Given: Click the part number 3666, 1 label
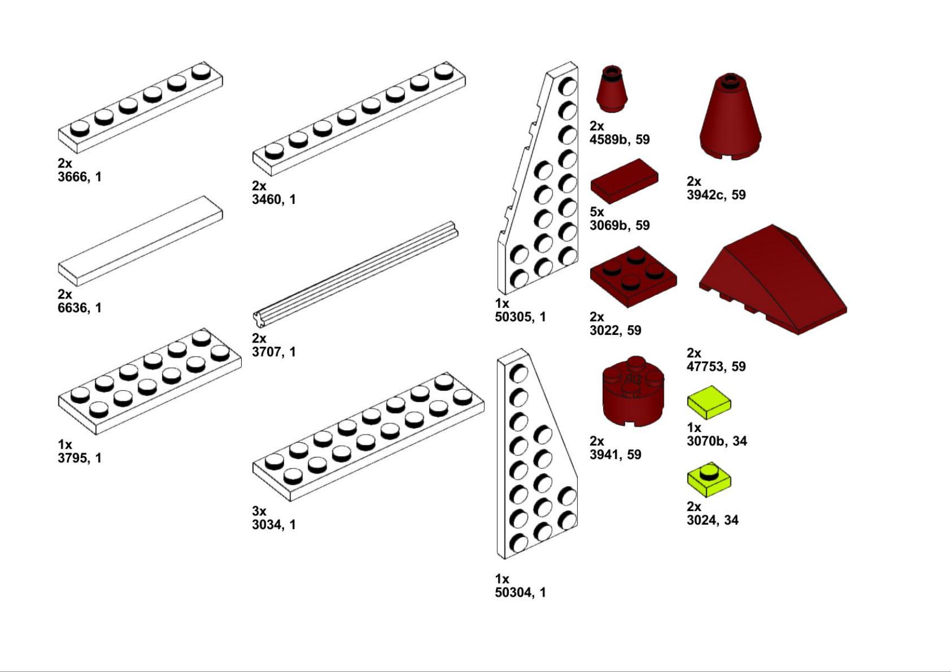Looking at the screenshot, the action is coord(80,177).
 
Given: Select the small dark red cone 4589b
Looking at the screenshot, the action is coord(612,89).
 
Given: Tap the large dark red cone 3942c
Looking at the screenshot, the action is coord(730,117).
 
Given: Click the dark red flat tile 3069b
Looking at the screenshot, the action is coord(624,181).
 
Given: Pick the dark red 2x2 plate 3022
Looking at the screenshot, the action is coord(633,277).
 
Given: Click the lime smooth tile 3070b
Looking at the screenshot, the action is coord(709,402).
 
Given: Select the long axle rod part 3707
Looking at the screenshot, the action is coord(355,274).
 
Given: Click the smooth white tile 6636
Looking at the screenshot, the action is coord(140,241).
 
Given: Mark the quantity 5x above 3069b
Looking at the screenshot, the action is coord(597,212).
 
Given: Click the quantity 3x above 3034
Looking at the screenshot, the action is coord(259,511).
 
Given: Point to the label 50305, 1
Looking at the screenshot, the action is coord(520,317).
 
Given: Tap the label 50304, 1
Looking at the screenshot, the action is coord(520,592).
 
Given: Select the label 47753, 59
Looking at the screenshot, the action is coord(716,367).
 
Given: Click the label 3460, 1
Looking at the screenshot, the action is coord(274,199).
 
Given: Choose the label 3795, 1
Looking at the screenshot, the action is coord(80,458).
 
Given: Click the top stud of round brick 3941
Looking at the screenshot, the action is coord(636,361).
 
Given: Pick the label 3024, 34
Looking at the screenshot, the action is coord(713,520).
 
